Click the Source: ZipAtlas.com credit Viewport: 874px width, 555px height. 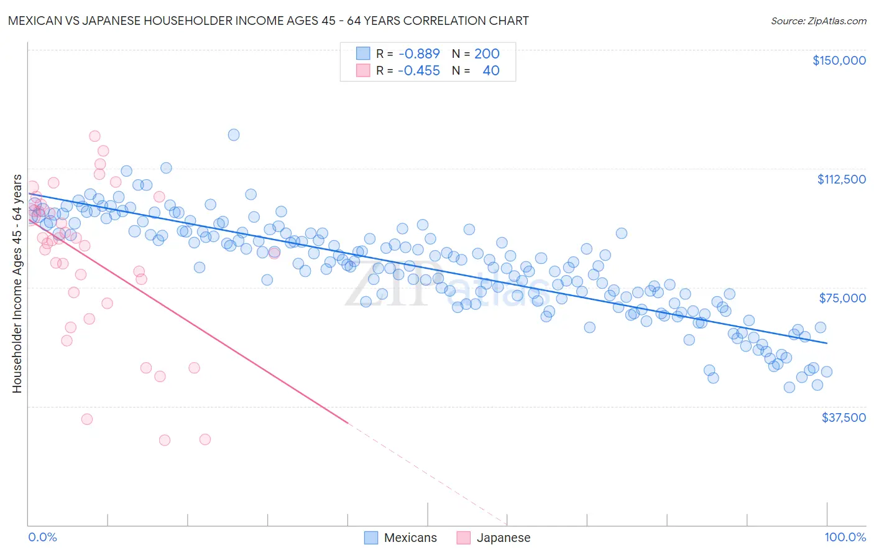pos(818,21)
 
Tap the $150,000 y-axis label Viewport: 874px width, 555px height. pos(839,60)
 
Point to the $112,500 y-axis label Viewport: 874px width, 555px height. pos(841,179)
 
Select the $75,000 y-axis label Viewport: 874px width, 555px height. pos(842,298)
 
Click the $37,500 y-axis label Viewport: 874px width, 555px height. pos(844,417)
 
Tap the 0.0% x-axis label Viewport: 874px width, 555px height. pos(42,537)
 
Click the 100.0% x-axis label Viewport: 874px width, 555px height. pos(845,537)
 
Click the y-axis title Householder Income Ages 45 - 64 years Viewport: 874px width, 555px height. pos(17,284)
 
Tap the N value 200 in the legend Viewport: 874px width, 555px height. pos(487,54)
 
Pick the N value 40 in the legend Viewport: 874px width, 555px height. pos(490,70)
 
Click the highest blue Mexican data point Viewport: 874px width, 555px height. pos(234,134)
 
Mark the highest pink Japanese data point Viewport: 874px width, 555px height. pos(94,136)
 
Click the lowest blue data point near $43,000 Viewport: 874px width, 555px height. pos(789,387)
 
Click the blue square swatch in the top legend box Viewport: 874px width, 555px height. pos(363,54)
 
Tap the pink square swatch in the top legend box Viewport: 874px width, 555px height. pos(363,70)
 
